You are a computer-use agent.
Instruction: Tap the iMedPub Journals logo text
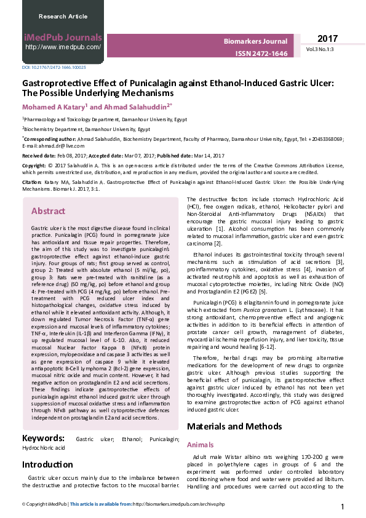pyautogui.click(x=62, y=38)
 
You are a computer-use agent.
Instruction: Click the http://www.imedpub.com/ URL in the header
pyautogui.click(x=63, y=47)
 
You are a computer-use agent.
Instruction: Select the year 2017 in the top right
pyautogui.click(x=328, y=39)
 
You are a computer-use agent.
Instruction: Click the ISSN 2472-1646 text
pyautogui.click(x=261, y=54)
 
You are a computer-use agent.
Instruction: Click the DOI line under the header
pyautogui.click(x=54, y=67)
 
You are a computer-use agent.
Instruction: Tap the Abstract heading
pyautogui.click(x=48, y=211)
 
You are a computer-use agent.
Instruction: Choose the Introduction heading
pyautogui.click(x=52, y=464)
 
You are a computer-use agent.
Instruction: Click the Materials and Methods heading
pyautogui.click(x=234, y=426)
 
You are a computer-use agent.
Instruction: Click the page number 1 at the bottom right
pyautogui.click(x=342, y=506)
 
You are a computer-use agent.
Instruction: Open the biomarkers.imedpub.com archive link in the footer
pyautogui.click(x=178, y=504)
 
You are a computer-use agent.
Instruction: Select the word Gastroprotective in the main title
pyautogui.click(x=54, y=82)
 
